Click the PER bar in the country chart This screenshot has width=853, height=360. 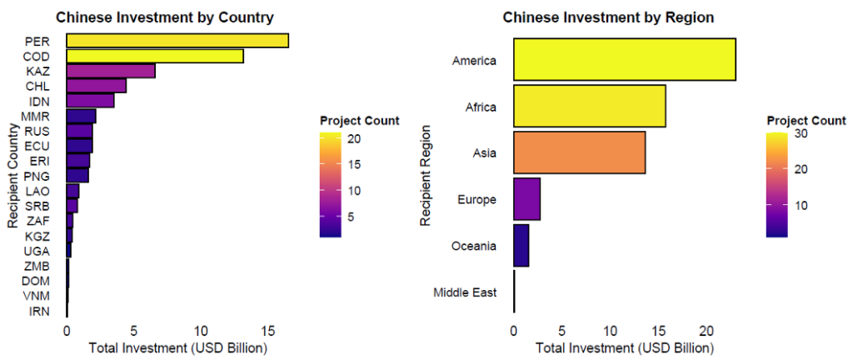pyautogui.click(x=177, y=41)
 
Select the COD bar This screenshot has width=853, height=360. pyautogui.click(x=155, y=56)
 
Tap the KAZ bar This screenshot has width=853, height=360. pyautogui.click(x=111, y=71)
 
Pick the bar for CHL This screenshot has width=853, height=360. pyautogui.click(x=96, y=86)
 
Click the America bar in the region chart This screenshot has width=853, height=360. pyautogui.click(x=624, y=60)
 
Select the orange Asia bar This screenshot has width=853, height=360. pyautogui.click(x=579, y=152)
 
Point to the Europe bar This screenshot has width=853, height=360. pyautogui.click(x=526, y=199)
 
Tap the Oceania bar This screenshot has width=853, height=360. pyautogui.click(x=521, y=246)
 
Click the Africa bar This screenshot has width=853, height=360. pyautogui.click(x=589, y=107)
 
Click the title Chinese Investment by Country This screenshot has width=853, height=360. pyautogui.click(x=164, y=17)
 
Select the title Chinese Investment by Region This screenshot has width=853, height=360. pyautogui.click(x=608, y=17)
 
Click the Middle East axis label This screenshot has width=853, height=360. pyautogui.click(x=465, y=292)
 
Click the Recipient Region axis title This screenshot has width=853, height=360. pyautogui.click(x=426, y=176)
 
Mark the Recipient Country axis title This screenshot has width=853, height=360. pyautogui.click(x=12, y=176)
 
